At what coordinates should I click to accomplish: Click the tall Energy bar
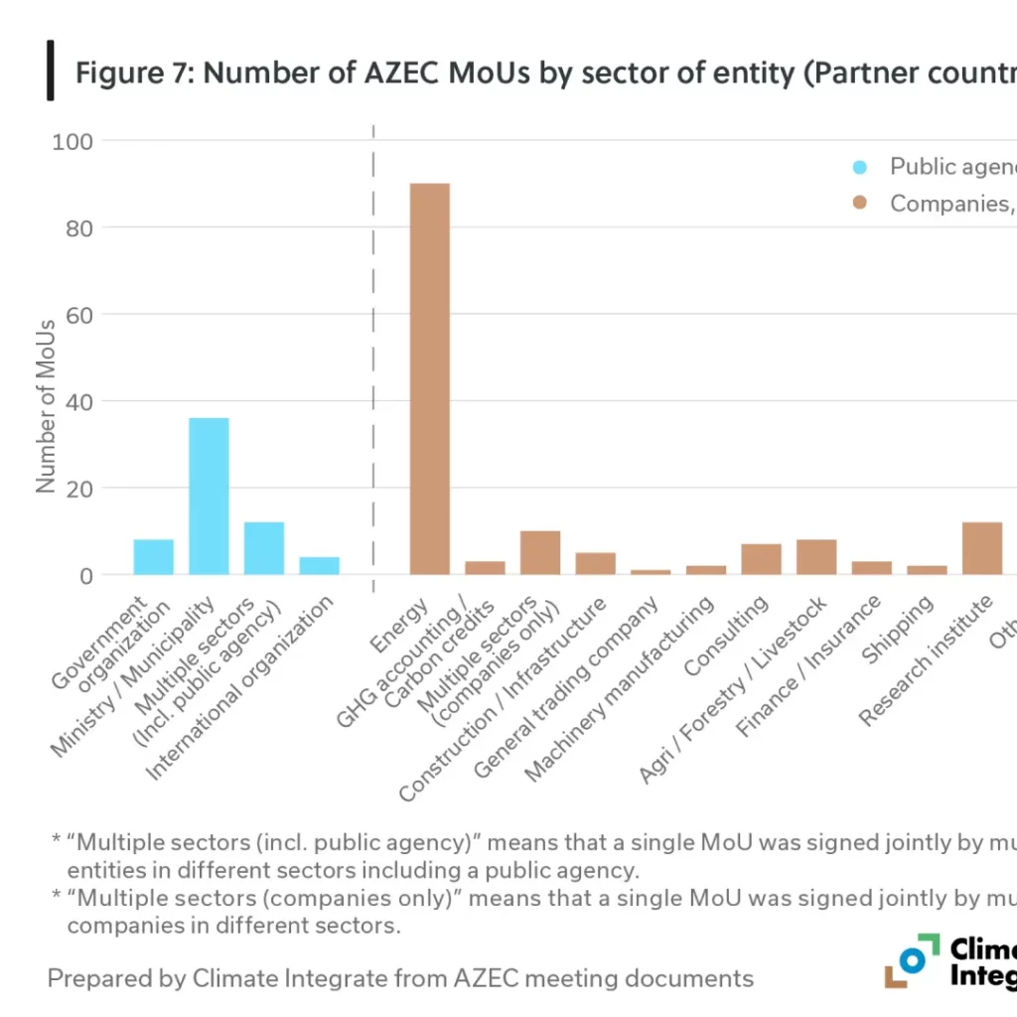pos(429,378)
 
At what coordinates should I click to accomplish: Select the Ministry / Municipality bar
pos(209,496)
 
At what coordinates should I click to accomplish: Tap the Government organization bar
pos(153,557)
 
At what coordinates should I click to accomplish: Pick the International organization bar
pos(319,565)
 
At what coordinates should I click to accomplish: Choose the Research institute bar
pos(982,548)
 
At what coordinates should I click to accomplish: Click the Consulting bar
pos(761,559)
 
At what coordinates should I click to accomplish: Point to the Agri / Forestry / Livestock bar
pos(816,557)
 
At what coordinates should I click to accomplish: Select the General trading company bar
pos(651,572)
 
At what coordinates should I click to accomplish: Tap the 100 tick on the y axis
pos(73,142)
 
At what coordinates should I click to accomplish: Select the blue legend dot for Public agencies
pos(860,167)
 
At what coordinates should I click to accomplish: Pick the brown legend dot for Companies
pos(860,204)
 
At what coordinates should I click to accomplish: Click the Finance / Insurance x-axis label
pos(808,666)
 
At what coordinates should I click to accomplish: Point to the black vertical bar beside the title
pos(50,71)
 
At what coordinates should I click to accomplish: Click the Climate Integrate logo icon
pos(912,960)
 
